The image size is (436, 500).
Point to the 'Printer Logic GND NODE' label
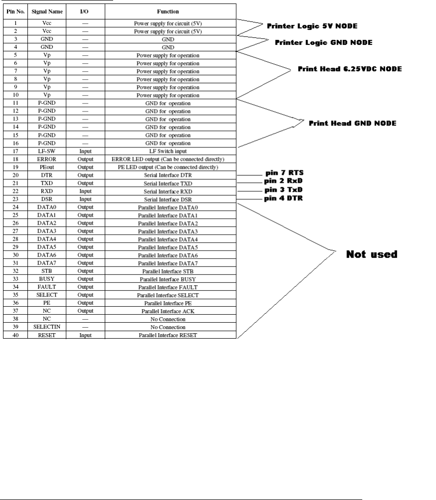(x=324, y=42)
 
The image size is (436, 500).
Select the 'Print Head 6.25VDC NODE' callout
(x=349, y=69)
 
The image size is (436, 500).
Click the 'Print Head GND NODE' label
(x=353, y=123)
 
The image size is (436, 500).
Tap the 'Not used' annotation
(x=372, y=254)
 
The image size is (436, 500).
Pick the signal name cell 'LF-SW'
(x=45, y=151)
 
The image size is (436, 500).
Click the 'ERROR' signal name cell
(x=45, y=159)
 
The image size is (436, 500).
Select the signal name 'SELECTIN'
(x=45, y=327)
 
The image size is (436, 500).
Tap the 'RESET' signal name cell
(x=45, y=335)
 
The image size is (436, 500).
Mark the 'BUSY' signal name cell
(x=45, y=279)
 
